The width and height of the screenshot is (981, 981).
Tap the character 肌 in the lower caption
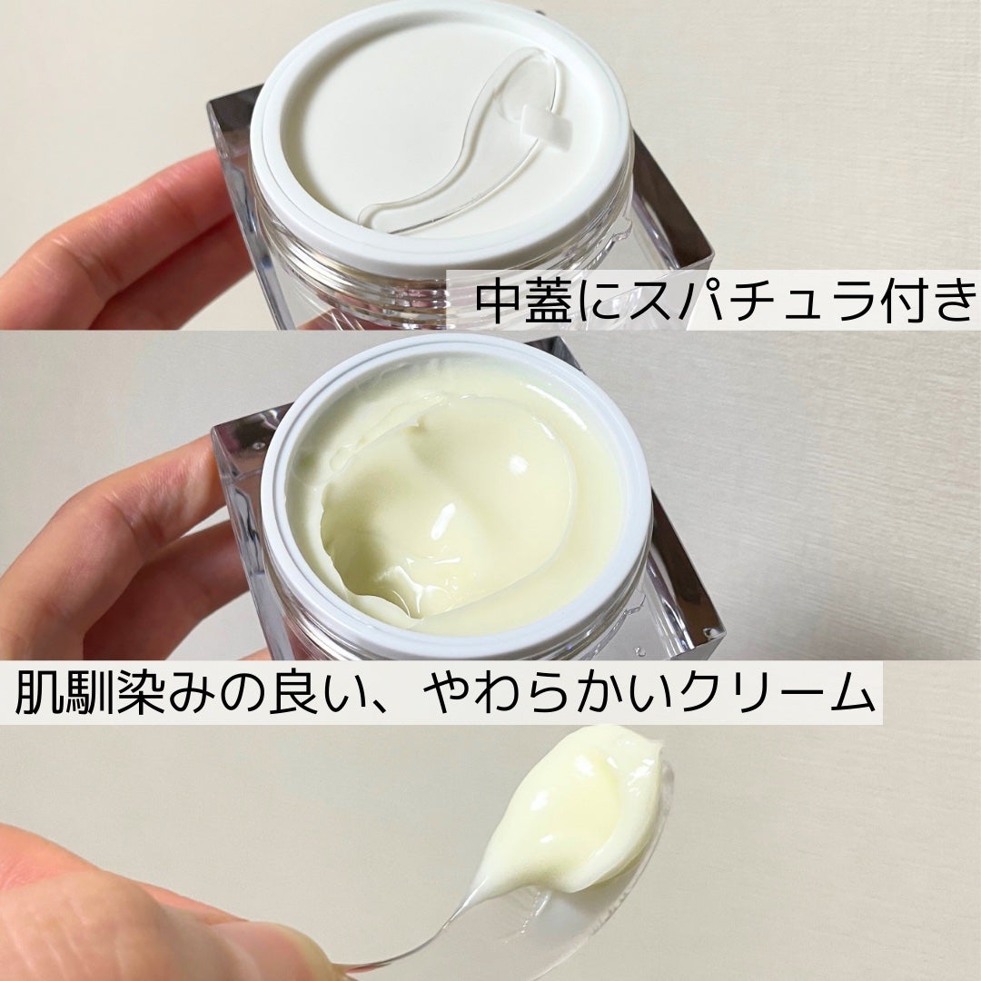point(44,693)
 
